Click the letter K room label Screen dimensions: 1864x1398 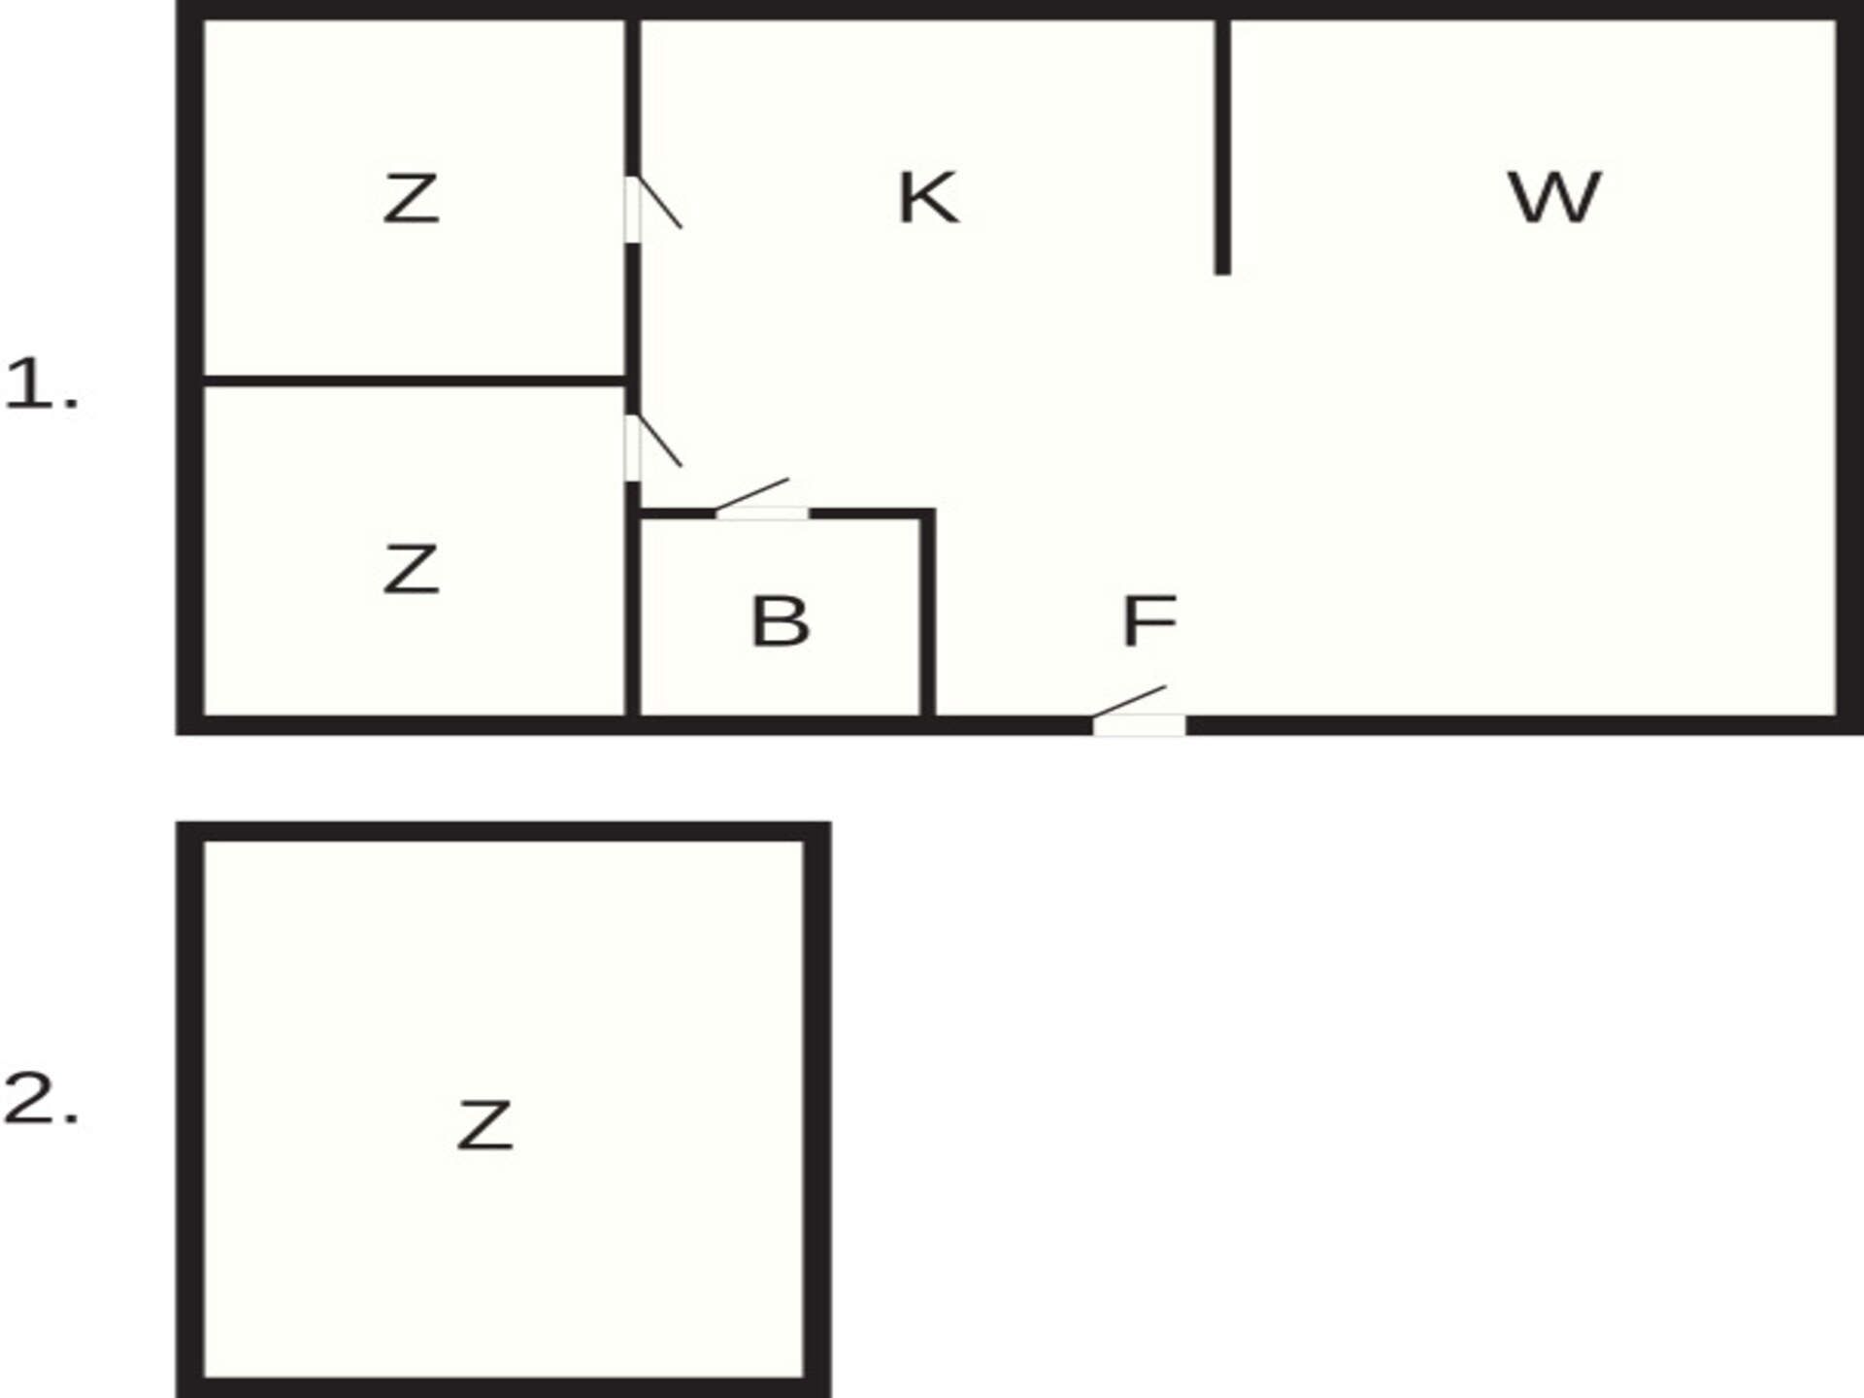tap(929, 198)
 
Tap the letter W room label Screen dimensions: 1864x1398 tap(1553, 197)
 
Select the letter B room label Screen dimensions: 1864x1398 tap(781, 621)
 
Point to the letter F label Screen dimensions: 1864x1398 tap(1149, 621)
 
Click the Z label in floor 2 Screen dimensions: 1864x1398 tap(484, 1125)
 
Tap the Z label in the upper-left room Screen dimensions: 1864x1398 tap(411, 198)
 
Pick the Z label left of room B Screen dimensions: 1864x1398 tap(411, 569)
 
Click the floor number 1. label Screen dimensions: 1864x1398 tap(41, 383)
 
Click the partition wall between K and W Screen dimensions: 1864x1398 tap(1223, 146)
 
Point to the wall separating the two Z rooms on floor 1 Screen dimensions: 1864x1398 tap(415, 381)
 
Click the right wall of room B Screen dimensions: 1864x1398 tap(927, 617)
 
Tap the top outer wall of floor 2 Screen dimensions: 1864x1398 tap(503, 832)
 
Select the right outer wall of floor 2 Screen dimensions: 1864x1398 tap(816, 1110)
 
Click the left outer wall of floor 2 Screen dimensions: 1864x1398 tap(190, 1110)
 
